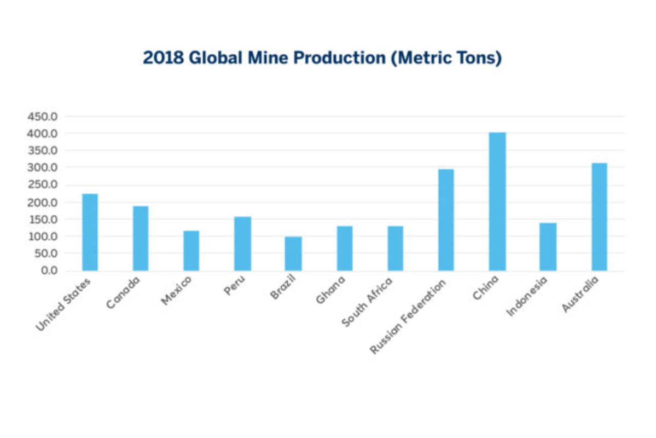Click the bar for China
(x=497, y=201)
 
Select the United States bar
(x=90, y=232)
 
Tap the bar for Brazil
(x=293, y=253)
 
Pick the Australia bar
(x=599, y=217)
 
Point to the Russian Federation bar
(x=446, y=220)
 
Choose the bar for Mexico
(x=191, y=250)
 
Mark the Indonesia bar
(x=548, y=246)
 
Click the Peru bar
(x=242, y=244)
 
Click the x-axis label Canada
(x=124, y=293)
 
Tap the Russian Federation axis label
(x=408, y=316)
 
